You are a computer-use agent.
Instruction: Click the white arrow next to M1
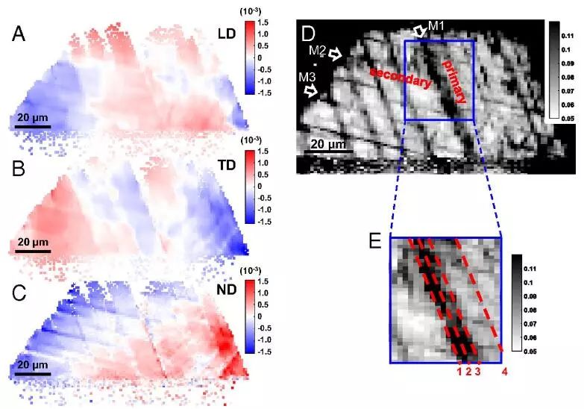pyautogui.click(x=419, y=30)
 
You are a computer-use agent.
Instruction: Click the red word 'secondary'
pyautogui.click(x=401, y=75)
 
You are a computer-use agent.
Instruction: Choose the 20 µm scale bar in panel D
pyautogui.click(x=327, y=151)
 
